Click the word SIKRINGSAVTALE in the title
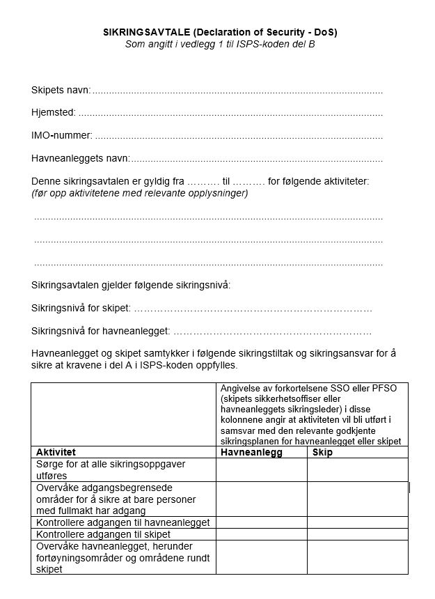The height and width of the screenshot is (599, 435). pyautogui.click(x=143, y=32)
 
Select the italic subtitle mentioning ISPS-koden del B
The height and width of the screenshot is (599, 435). pyautogui.click(x=220, y=44)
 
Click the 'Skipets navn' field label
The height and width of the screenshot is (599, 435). pyautogui.click(x=61, y=91)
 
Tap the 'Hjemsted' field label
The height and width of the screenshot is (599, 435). pyautogui.click(x=54, y=113)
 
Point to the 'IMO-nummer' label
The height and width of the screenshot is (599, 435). pyautogui.click(x=61, y=136)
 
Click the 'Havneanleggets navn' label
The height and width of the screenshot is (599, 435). pyautogui.click(x=80, y=159)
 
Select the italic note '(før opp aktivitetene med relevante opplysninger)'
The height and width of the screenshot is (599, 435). pyautogui.click(x=139, y=193)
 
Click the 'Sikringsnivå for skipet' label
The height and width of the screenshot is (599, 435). pyautogui.click(x=81, y=308)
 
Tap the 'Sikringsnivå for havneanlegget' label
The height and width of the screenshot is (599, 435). pyautogui.click(x=100, y=331)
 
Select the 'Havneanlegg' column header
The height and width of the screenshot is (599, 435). pyautogui.click(x=251, y=452)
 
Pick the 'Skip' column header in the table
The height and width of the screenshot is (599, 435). pyautogui.click(x=322, y=452)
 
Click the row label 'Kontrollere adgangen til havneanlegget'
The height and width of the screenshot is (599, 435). pyautogui.click(x=122, y=522)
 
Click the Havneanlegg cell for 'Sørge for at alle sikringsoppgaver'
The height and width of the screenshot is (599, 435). pyautogui.click(x=261, y=469)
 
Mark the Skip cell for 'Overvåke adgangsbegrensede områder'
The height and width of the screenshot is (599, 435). pyautogui.click(x=357, y=499)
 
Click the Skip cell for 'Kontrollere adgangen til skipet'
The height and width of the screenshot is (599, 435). pyautogui.click(x=357, y=534)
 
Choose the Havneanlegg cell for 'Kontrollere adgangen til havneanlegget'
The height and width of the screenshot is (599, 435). pyautogui.click(x=261, y=522)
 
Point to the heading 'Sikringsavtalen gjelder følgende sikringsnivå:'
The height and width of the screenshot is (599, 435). pyautogui.click(x=131, y=285)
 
